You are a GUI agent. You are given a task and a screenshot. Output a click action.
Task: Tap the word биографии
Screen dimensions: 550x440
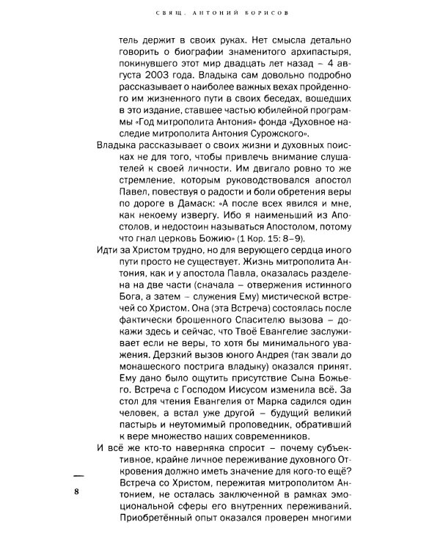[181, 56]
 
